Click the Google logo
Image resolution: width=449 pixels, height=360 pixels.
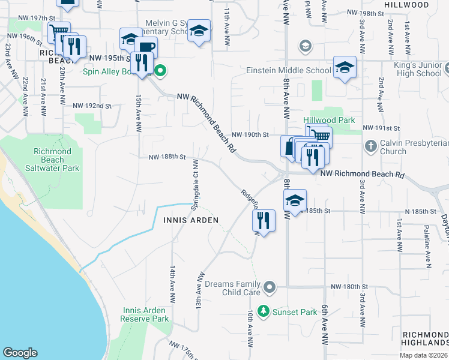[x=20, y=353]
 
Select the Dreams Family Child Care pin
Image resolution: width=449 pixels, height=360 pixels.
[x=270, y=288]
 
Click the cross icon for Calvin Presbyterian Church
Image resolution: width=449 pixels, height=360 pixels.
[x=370, y=146]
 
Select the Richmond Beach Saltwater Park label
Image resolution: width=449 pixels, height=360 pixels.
[x=53, y=160]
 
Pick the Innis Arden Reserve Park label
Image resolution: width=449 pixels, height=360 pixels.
[x=145, y=314]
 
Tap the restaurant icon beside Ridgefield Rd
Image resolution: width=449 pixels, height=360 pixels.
[x=263, y=221]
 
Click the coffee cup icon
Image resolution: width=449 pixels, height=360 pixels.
[x=146, y=47]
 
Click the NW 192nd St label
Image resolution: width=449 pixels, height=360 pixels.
[x=92, y=106]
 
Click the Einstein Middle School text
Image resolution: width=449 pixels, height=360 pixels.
[x=289, y=70]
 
